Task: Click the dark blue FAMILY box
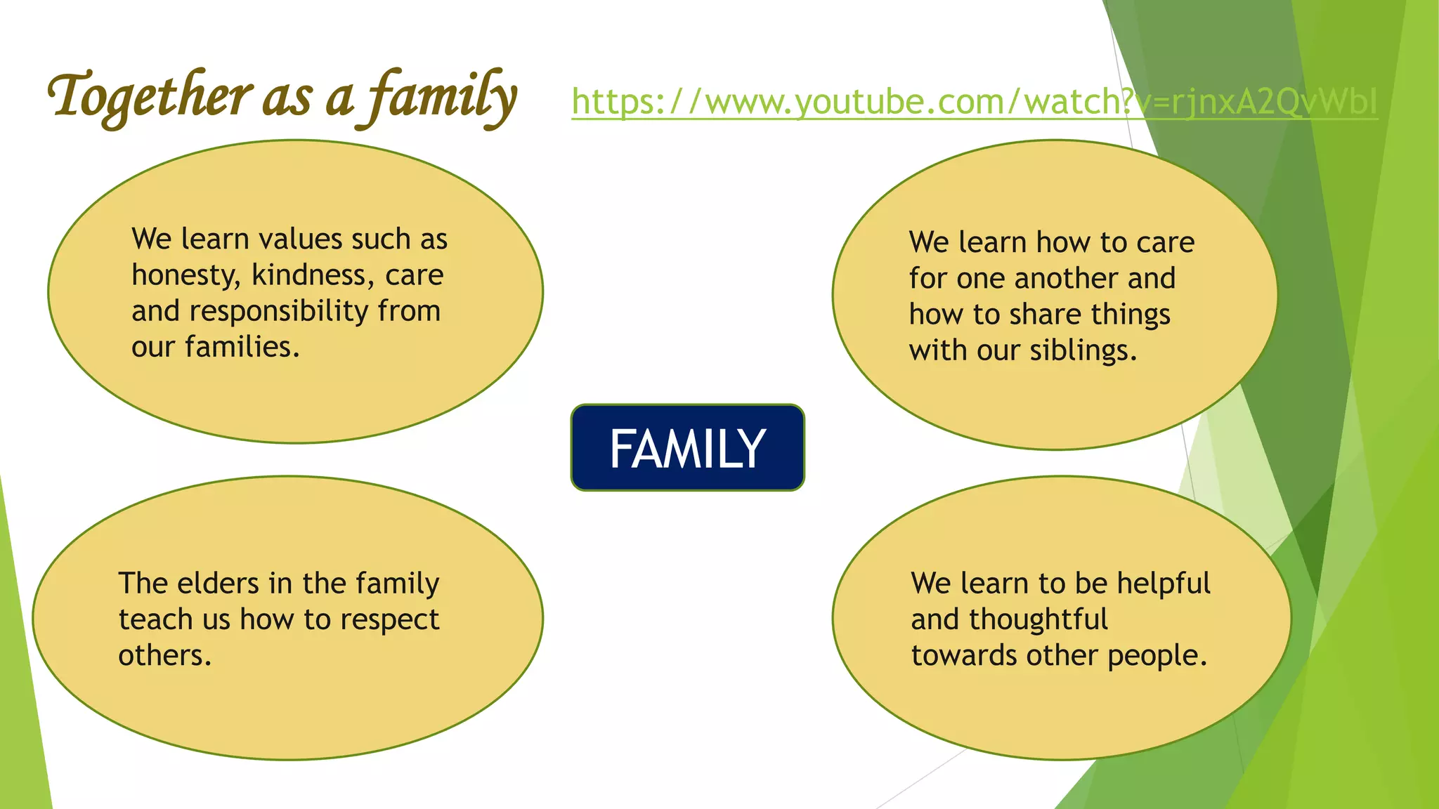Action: click(687, 448)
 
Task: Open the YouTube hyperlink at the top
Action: click(974, 102)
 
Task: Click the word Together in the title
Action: click(149, 97)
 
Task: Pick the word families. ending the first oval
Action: click(242, 347)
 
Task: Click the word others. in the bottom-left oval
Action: click(164, 656)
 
